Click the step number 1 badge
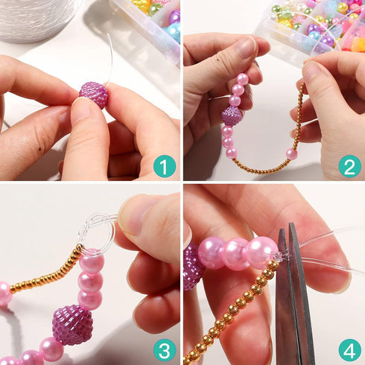165,166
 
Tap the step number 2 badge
349,166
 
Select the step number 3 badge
165,351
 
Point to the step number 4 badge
349,351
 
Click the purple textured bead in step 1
94,95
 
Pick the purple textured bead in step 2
232,115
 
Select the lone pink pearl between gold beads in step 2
291,154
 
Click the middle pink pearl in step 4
235,254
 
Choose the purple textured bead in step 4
192,266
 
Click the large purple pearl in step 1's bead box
174,17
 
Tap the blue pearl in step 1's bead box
174,32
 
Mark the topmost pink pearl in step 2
242,79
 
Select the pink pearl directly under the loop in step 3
92,261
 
